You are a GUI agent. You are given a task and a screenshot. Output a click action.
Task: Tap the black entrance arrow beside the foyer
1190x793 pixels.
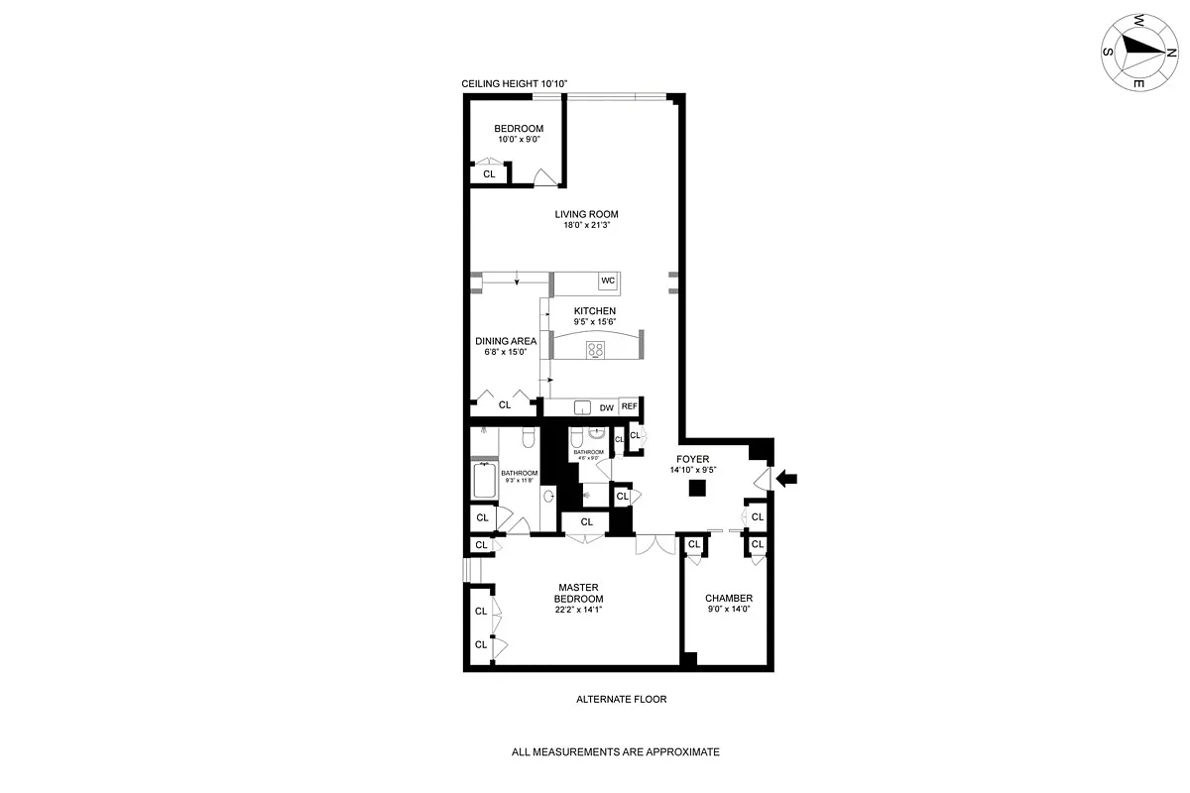pyautogui.click(x=786, y=480)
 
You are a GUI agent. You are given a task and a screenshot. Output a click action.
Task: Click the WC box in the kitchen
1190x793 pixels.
pyautogui.click(x=608, y=282)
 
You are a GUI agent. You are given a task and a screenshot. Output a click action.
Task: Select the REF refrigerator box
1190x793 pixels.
pyautogui.click(x=629, y=406)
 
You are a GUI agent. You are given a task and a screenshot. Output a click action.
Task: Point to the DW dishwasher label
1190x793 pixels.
pyautogui.click(x=606, y=407)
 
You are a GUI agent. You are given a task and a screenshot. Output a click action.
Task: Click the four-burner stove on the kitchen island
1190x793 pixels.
pyautogui.click(x=596, y=348)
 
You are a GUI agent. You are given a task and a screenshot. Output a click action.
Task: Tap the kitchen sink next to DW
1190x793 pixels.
pyautogui.click(x=582, y=407)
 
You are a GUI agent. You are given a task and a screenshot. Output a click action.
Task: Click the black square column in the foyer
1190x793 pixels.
pyautogui.click(x=698, y=487)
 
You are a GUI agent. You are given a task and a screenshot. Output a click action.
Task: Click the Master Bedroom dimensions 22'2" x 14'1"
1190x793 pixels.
pyautogui.click(x=578, y=610)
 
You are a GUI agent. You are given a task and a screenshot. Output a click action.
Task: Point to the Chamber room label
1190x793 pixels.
pyautogui.click(x=728, y=598)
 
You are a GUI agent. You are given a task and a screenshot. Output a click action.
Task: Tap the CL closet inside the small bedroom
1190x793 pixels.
pyautogui.click(x=488, y=174)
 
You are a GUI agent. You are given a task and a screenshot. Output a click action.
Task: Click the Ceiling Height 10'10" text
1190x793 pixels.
pyautogui.click(x=515, y=85)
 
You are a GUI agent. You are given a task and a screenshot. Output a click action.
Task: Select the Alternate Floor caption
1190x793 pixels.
pyautogui.click(x=621, y=699)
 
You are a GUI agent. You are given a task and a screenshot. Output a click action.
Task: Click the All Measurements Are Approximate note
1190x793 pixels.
pyautogui.click(x=615, y=752)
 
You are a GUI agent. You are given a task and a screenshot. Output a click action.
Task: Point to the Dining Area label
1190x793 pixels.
pyautogui.click(x=505, y=341)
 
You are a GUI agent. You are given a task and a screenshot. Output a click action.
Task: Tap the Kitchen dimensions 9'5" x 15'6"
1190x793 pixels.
pyautogui.click(x=593, y=322)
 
